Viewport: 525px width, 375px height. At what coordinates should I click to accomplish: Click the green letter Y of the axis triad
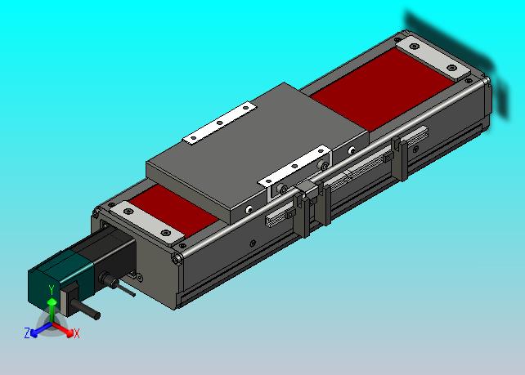pyautogui.click(x=52, y=290)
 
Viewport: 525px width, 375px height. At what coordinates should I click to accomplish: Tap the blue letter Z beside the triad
pyautogui.click(x=27, y=333)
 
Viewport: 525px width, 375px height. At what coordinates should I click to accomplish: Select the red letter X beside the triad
pyautogui.click(x=77, y=333)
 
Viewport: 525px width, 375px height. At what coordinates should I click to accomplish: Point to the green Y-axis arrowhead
pyautogui.click(x=52, y=302)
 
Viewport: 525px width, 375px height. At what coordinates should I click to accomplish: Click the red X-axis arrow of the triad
pyautogui.click(x=63, y=329)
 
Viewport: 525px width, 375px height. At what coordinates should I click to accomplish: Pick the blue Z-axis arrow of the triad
pyautogui.click(x=41, y=329)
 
